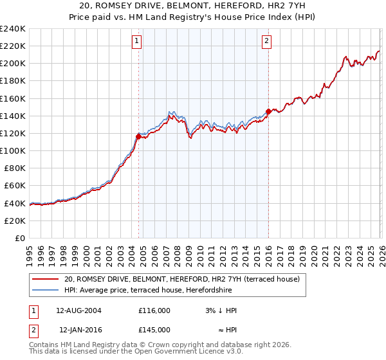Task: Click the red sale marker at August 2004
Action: [138, 136]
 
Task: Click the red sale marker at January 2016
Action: [268, 111]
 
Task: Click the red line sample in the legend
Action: [46, 279]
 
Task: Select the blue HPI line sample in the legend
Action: [46, 290]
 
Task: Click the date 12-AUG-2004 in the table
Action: [79, 310]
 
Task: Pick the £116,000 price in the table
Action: [154, 310]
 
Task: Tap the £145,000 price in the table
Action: [154, 329]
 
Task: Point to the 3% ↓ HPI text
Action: [219, 310]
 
